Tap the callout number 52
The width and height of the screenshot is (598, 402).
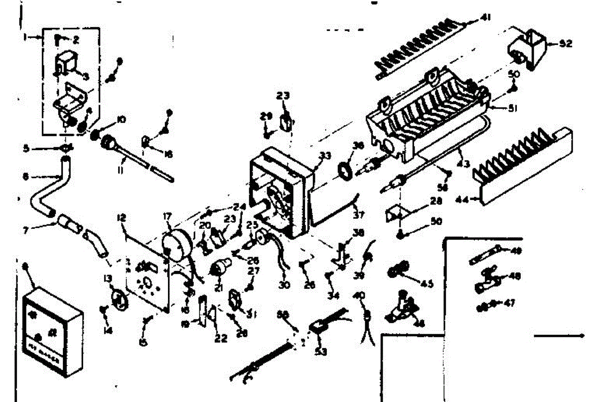coord(565,43)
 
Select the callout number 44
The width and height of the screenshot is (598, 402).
coord(463,200)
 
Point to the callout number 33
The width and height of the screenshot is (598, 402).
coord(325,156)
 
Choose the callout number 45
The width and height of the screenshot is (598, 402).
coord(427,284)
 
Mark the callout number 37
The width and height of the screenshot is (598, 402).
coord(358,215)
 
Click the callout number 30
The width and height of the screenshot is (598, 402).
coord(284,285)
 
